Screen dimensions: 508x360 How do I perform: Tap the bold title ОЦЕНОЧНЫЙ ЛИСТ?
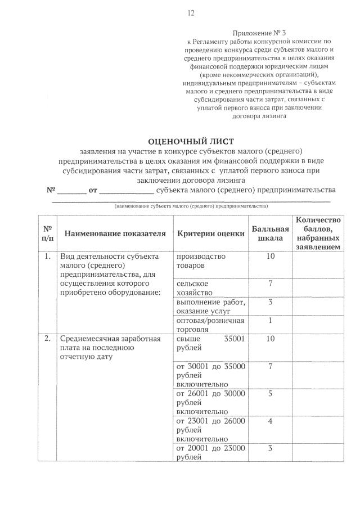(190, 141)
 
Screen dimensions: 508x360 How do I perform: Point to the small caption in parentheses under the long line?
(191, 206)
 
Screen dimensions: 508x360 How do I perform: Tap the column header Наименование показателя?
(115, 233)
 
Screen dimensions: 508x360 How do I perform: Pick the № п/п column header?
(47, 233)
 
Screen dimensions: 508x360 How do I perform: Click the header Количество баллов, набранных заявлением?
(318, 233)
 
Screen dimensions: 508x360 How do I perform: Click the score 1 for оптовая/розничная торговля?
(270, 321)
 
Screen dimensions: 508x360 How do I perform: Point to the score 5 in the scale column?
(270, 394)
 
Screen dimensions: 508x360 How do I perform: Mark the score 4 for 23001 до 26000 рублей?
(270, 421)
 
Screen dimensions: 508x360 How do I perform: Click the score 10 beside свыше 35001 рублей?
(270, 339)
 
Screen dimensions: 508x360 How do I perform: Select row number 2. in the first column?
(47, 339)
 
